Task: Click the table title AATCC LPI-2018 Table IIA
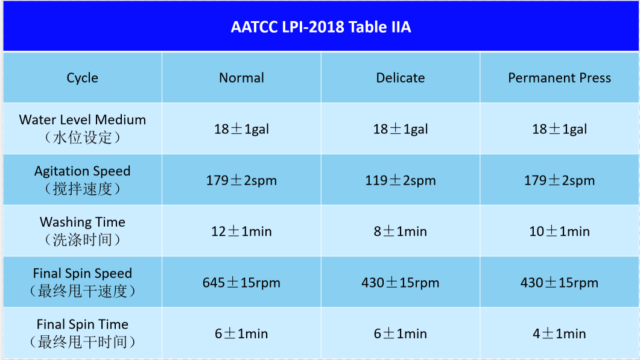(x=321, y=27)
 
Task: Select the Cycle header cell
(x=83, y=78)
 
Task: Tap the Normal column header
(x=242, y=78)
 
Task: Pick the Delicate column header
(x=401, y=78)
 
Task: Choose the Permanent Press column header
(x=560, y=78)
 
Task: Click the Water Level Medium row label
(x=83, y=128)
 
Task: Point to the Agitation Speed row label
(x=83, y=180)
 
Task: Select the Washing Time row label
(x=83, y=230)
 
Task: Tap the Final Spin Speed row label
(x=83, y=282)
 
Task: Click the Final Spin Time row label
(x=83, y=333)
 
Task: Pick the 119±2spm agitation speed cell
(x=401, y=180)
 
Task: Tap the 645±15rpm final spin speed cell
(x=242, y=282)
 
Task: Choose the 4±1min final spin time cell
(x=560, y=333)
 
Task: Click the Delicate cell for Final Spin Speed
(x=401, y=282)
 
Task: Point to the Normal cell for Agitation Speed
(x=242, y=180)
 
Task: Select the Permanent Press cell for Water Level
(x=560, y=129)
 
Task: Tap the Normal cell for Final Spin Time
(x=242, y=333)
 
